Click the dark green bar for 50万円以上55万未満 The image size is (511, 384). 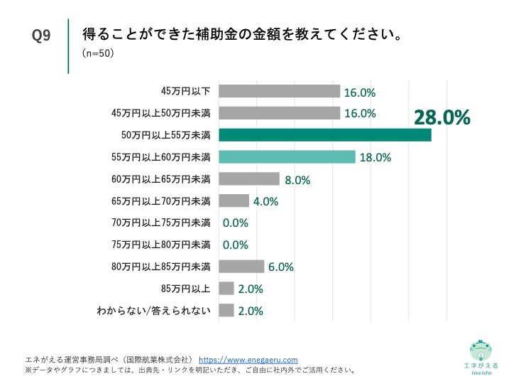click(x=325, y=135)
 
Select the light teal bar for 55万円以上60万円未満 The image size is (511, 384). click(x=287, y=157)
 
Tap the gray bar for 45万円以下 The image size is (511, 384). click(x=280, y=91)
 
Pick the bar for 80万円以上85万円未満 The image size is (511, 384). click(x=241, y=267)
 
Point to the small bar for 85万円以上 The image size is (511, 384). click(x=226, y=288)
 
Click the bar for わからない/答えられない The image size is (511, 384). click(x=226, y=310)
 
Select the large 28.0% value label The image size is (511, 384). click(x=442, y=117)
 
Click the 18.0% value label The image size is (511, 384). click(x=375, y=158)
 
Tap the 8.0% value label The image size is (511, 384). click(x=297, y=180)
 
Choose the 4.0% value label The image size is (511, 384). click(x=265, y=201)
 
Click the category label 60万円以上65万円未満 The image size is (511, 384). click(x=161, y=179)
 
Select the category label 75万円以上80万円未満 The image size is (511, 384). click(x=161, y=245)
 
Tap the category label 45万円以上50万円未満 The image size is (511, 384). click(x=161, y=113)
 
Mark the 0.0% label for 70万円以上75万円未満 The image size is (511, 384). click(x=235, y=223)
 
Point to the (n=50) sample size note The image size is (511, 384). click(x=98, y=53)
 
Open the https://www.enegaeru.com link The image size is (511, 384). click(x=248, y=360)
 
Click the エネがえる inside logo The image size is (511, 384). click(x=480, y=356)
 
